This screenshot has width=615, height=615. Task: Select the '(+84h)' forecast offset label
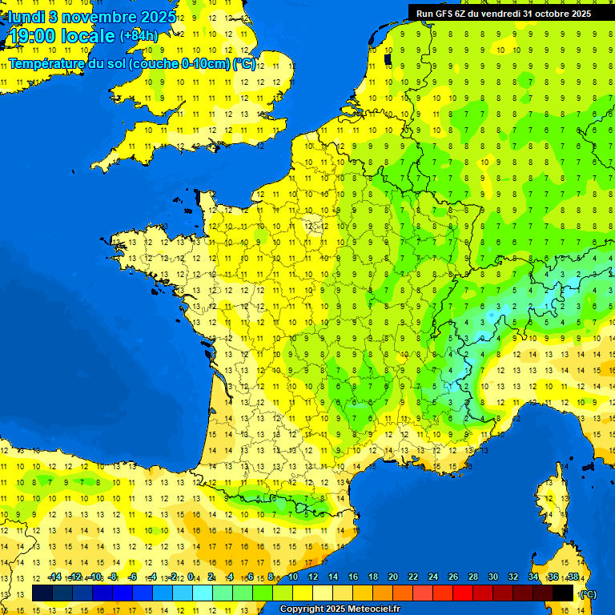pos(139,35)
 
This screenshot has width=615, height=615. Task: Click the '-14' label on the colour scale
pos(54,577)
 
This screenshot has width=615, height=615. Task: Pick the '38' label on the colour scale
pos(573,577)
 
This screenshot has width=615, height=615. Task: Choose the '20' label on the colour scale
pos(393,577)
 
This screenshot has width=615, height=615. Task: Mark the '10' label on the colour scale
pos(293,577)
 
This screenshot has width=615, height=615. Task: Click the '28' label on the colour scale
pos(473,577)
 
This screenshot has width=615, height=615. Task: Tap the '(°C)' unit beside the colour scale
pos(588,593)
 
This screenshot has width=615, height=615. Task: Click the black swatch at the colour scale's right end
pos(564,593)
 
